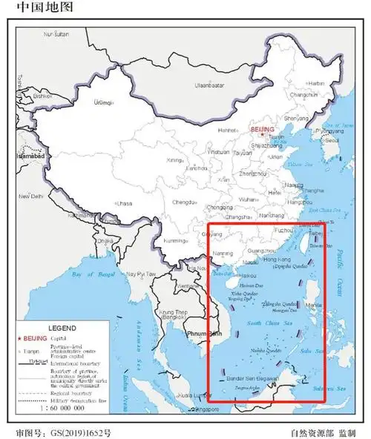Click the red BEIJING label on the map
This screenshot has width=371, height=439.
[263, 129]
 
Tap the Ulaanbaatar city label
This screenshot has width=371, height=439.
[209, 85]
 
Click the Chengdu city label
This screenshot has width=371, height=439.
[185, 201]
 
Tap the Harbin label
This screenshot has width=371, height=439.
[316, 84]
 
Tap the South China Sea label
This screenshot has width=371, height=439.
[263, 323]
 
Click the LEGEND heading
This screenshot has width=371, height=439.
[62, 327]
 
